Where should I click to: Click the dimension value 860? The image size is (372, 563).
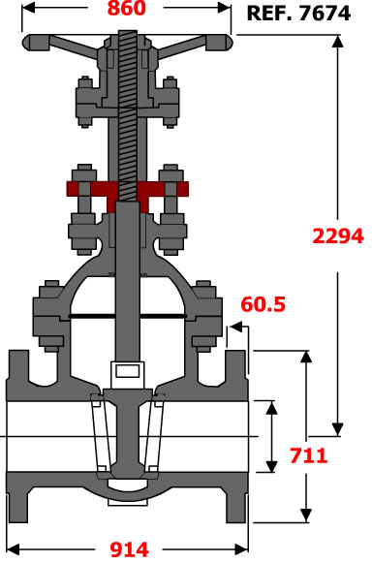(x=127, y=9)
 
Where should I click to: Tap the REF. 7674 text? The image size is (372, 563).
(x=298, y=14)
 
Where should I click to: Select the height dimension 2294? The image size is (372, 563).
(x=338, y=235)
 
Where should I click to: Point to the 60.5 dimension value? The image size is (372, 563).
(x=263, y=304)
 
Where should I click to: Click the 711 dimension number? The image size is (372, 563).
(x=308, y=455)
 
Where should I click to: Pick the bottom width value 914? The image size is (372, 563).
(x=129, y=549)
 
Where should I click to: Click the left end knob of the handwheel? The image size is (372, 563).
(x=35, y=43)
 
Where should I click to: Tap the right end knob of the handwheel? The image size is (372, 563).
(x=219, y=43)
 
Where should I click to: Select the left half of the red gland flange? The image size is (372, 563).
(x=92, y=189)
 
